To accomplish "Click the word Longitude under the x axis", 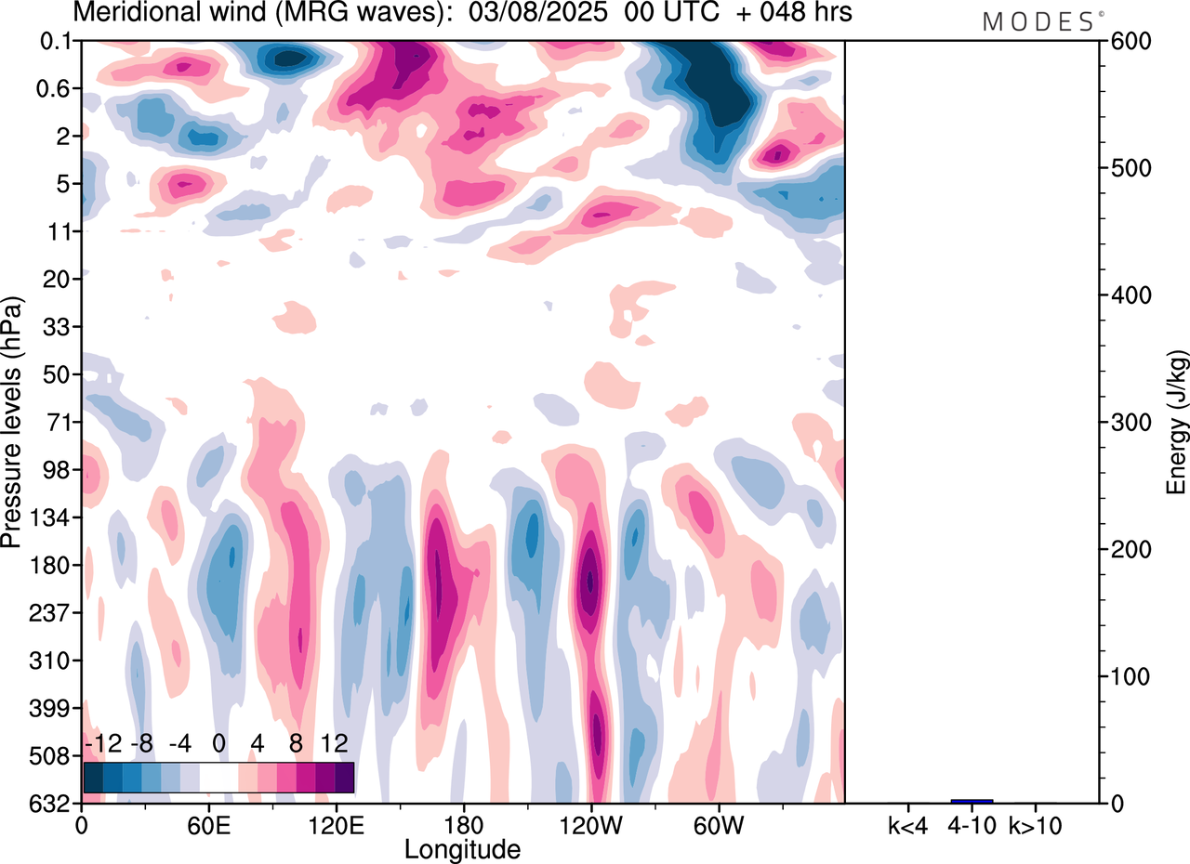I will coord(462,848).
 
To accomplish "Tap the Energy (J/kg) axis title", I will coord(1176,423).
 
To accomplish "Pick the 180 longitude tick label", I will coord(463,825).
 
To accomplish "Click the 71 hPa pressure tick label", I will coord(58,423).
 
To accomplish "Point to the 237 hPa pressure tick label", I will coord(52,613).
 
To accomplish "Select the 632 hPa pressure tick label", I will coord(52,803).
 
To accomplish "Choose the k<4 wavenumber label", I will coord(907,825).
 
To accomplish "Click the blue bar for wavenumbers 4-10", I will coord(972,801).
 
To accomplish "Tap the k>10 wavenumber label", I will coord(1036,825).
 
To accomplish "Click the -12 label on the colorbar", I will coord(102,744).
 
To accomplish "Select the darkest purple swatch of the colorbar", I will coord(344,777).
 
